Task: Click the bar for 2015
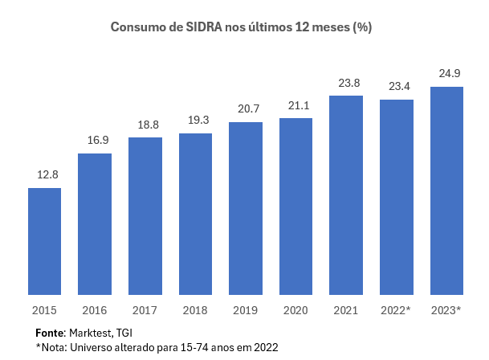[44, 241]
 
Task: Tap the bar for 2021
[346, 195]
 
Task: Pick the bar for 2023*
[446, 191]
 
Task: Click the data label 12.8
[45, 175]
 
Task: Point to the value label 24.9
[446, 74]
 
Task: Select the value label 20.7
[246, 108]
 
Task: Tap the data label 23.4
[397, 87]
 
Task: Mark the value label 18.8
[145, 125]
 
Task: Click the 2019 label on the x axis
[246, 309]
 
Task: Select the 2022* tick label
[397, 309]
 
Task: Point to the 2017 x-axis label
[145, 309]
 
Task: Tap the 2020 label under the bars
[295, 309]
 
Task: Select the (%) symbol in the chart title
[361, 27]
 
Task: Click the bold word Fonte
[50, 332]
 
